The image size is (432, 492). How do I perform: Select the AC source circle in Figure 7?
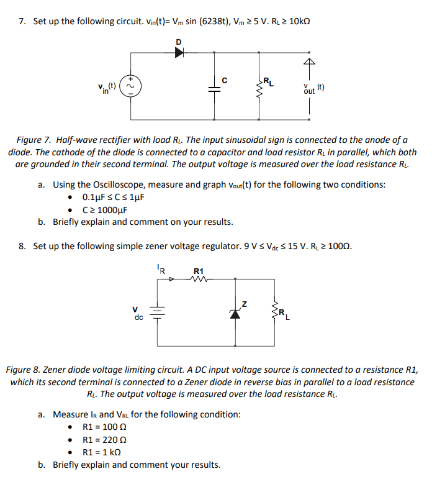click(131, 88)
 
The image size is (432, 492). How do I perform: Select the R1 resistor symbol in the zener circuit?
click(199, 280)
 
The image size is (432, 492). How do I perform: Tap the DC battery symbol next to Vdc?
click(157, 312)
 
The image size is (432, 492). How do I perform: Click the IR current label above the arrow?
click(160, 270)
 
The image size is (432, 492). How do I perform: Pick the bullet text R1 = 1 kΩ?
click(103, 452)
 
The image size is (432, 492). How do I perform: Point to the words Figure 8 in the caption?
click(24, 370)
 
